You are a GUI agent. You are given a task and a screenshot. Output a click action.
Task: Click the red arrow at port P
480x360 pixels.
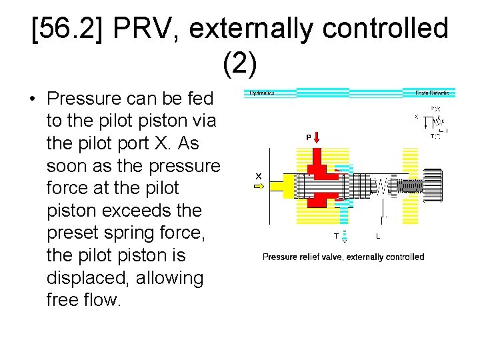coord(317,137)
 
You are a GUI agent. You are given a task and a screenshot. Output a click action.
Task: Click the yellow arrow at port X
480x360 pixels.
coord(258,187)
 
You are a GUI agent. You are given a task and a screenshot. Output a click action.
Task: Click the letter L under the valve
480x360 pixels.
coord(378,236)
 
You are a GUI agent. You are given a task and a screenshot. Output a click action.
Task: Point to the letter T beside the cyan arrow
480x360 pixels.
coord(335,236)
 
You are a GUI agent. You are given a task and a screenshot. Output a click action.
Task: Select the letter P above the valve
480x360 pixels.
coord(308,137)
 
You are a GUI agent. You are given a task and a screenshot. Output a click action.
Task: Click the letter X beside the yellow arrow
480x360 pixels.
coord(258,176)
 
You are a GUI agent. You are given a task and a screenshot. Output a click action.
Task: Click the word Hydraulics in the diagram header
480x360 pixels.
coord(262,93)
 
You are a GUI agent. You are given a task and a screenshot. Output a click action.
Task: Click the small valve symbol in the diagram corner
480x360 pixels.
coord(435,122)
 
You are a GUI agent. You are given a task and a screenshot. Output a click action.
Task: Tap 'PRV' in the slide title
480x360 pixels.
coord(147,29)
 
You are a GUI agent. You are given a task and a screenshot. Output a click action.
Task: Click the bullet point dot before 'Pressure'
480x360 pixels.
coord(32,99)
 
